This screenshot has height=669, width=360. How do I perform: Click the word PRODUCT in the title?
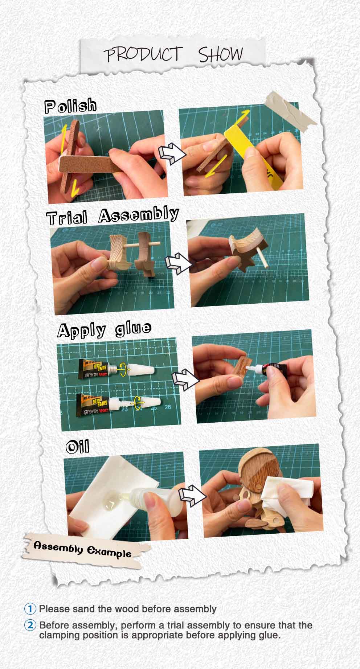(143, 55)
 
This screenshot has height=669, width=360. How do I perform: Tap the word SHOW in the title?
(220, 54)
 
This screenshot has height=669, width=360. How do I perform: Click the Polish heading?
(71, 106)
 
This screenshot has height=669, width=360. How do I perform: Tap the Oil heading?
(77, 447)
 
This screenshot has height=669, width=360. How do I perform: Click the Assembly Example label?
(82, 550)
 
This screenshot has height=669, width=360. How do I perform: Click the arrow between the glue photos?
(185, 379)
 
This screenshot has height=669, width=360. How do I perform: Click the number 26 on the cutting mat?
(168, 407)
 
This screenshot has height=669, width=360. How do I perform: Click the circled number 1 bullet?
(30, 608)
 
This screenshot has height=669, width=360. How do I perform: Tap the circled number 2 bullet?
(30, 625)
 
